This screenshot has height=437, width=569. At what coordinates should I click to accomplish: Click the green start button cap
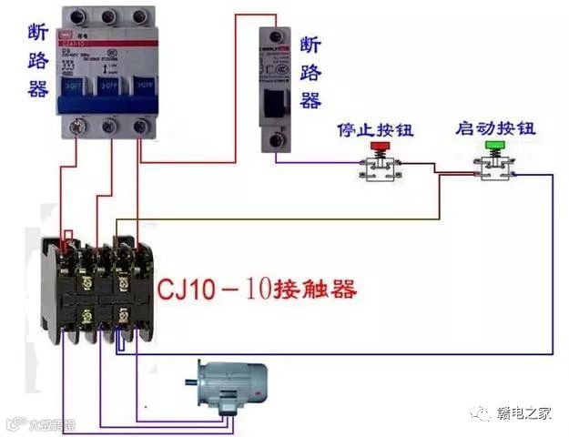494,146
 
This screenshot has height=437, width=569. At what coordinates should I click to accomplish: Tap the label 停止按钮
374,129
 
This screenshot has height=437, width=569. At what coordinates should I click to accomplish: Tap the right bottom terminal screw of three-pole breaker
140,127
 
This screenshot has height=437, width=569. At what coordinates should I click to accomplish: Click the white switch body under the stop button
378,168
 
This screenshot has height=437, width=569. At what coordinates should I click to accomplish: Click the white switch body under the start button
494,167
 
